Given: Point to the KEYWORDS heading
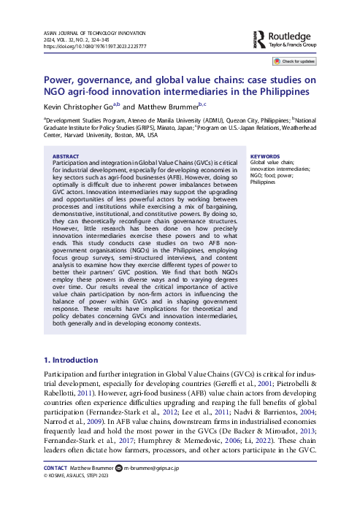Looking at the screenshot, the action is click(x=265, y=156).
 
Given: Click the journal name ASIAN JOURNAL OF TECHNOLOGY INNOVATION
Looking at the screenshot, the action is click(x=95, y=32).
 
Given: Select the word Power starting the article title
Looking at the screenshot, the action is click(x=59, y=80).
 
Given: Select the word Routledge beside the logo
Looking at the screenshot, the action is click(x=292, y=34).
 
